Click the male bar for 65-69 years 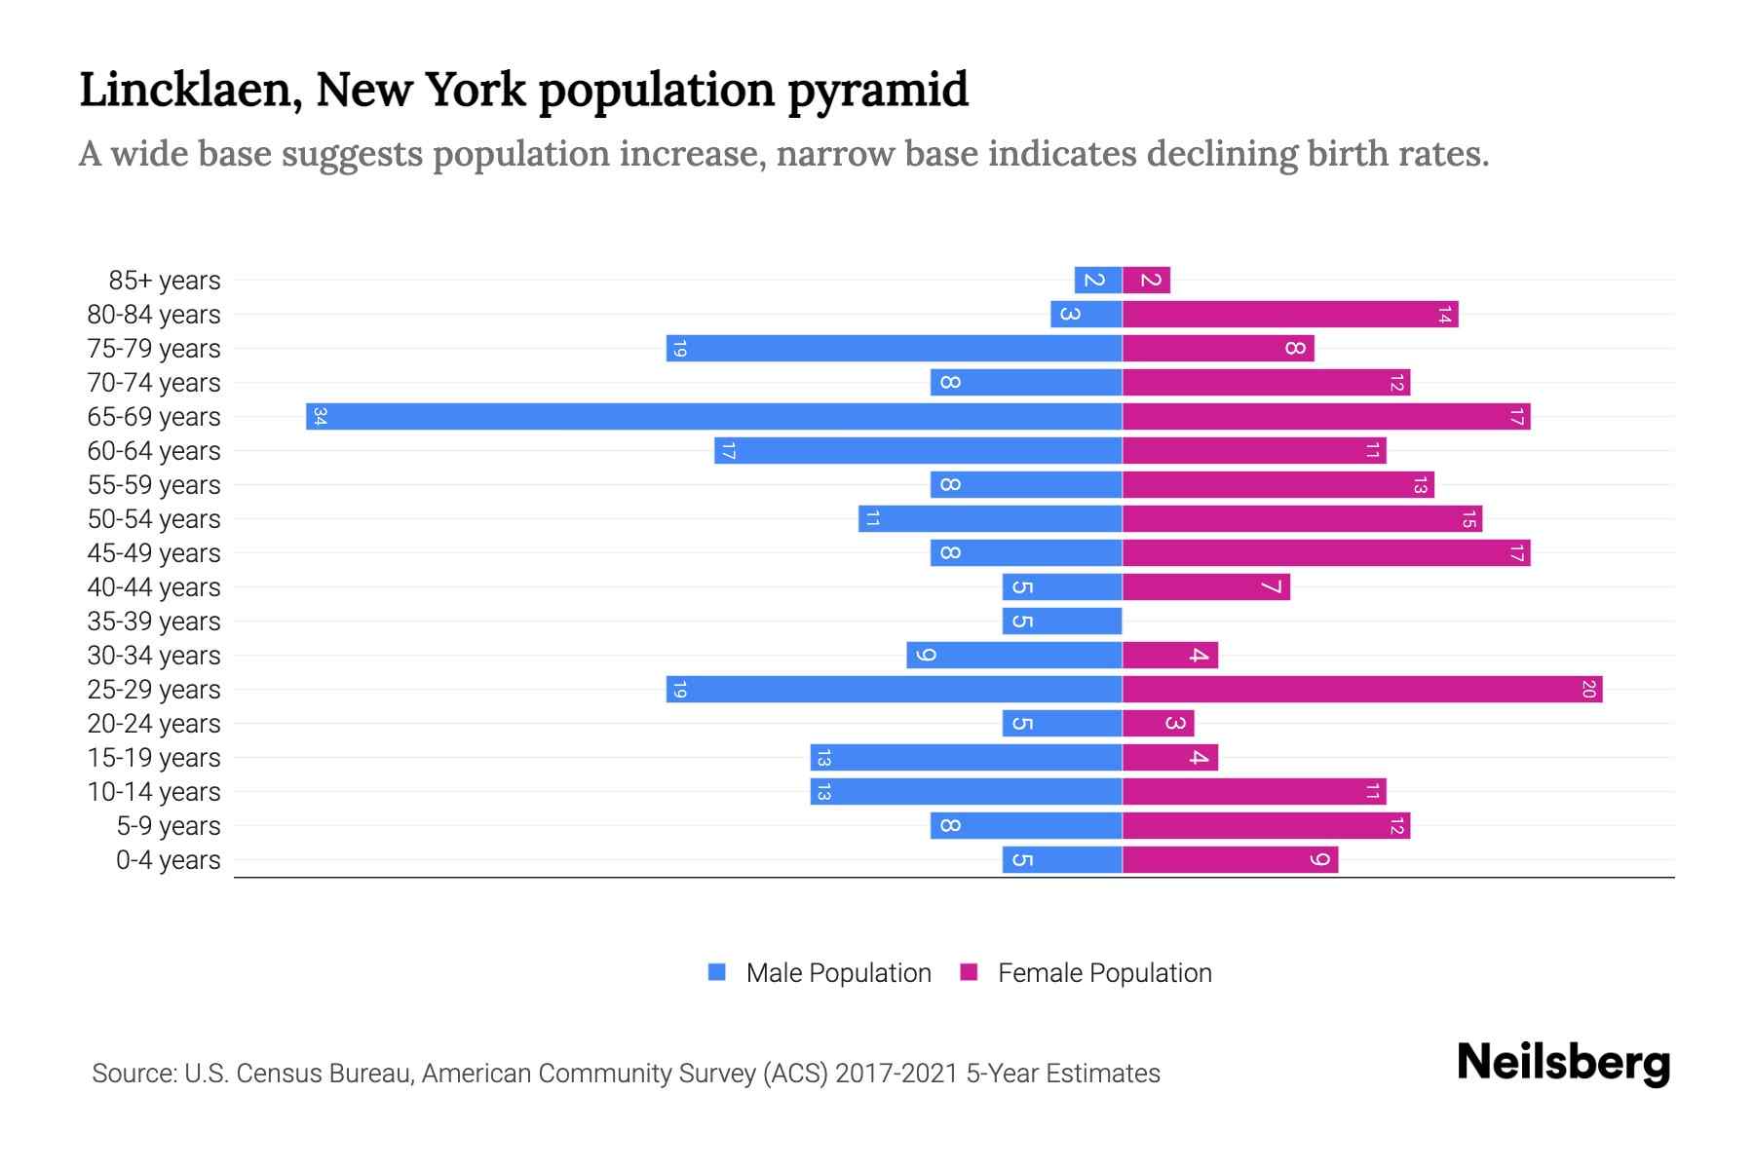[x=713, y=417]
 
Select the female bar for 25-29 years [x=1362, y=690]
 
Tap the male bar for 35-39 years [x=1062, y=622]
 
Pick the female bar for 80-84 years [x=1290, y=315]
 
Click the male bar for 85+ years [x=1098, y=281]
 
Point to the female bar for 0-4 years [x=1230, y=860]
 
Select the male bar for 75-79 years [x=894, y=349]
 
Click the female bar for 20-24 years [x=1158, y=724]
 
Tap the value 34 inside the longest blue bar [x=320, y=417]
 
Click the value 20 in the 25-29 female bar [x=1588, y=690]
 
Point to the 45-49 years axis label [x=154, y=553]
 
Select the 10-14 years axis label [x=154, y=792]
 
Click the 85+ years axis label [x=165, y=281]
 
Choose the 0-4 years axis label [x=168, y=860]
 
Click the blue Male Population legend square [x=717, y=972]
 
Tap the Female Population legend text [x=1104, y=973]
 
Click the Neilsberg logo [x=1563, y=1063]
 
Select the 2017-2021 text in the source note [x=896, y=1074]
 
